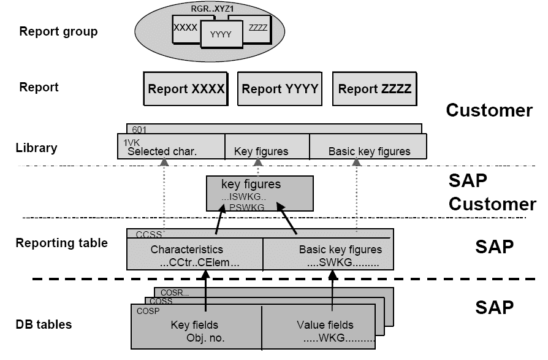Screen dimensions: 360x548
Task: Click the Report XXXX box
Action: click(186, 89)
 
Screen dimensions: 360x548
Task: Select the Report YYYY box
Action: click(280, 89)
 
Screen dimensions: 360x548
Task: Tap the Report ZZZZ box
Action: click(375, 89)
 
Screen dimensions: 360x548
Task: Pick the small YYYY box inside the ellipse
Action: click(221, 35)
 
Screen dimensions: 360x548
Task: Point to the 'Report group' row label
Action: click(58, 31)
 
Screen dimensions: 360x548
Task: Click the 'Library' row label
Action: click(36, 148)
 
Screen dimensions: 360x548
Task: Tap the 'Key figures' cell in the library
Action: click(261, 151)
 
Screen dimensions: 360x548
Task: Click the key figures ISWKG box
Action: click(259, 194)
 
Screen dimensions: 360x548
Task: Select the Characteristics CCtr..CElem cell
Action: click(195, 255)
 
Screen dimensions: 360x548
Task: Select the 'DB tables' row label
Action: click(44, 324)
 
